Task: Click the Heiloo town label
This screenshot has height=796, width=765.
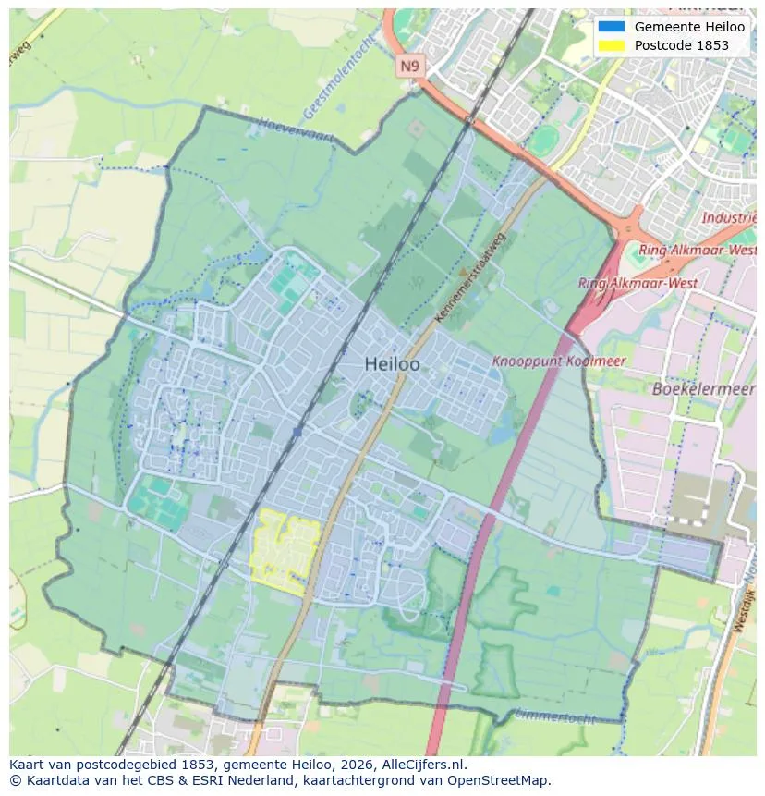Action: [392, 364]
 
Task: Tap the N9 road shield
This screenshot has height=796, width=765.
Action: [408, 66]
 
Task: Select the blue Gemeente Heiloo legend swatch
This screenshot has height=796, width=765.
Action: [611, 27]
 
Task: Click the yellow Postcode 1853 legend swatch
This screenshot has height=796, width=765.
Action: [611, 45]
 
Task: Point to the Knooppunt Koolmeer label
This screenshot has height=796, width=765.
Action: [559, 361]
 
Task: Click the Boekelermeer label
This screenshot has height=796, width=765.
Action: [703, 389]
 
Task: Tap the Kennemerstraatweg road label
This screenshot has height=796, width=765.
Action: [470, 278]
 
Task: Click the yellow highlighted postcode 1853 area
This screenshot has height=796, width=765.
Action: [285, 552]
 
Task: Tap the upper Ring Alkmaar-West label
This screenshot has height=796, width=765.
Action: [698, 250]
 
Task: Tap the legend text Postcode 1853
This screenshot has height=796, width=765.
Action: [681, 45]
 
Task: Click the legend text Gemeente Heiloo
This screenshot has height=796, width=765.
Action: [689, 27]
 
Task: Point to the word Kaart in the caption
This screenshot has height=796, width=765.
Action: [29, 765]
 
